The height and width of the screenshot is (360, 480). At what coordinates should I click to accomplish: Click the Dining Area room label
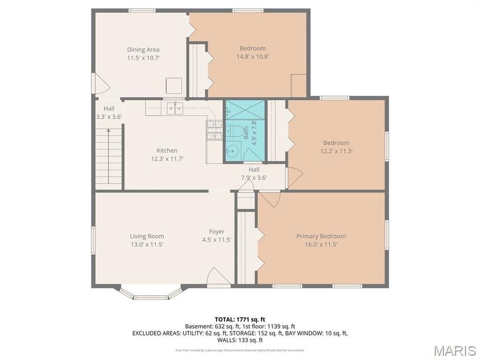click(143, 50)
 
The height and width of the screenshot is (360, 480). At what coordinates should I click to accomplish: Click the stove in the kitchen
click(214, 130)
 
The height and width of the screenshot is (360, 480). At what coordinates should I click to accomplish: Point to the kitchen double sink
click(174, 108)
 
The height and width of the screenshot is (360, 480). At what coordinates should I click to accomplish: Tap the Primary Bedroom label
click(321, 236)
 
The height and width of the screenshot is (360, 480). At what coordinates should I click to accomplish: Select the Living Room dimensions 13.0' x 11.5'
click(147, 244)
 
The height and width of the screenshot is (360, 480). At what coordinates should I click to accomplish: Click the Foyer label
click(217, 231)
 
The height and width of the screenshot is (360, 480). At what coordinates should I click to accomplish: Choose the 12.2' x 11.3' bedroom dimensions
click(336, 151)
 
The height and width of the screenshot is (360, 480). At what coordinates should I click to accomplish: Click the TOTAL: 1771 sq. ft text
click(239, 319)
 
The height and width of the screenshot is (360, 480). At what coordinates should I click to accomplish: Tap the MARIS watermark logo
click(454, 350)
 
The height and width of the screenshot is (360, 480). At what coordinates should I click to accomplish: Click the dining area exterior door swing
click(101, 84)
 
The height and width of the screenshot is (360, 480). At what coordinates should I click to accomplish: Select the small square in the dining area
click(173, 86)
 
